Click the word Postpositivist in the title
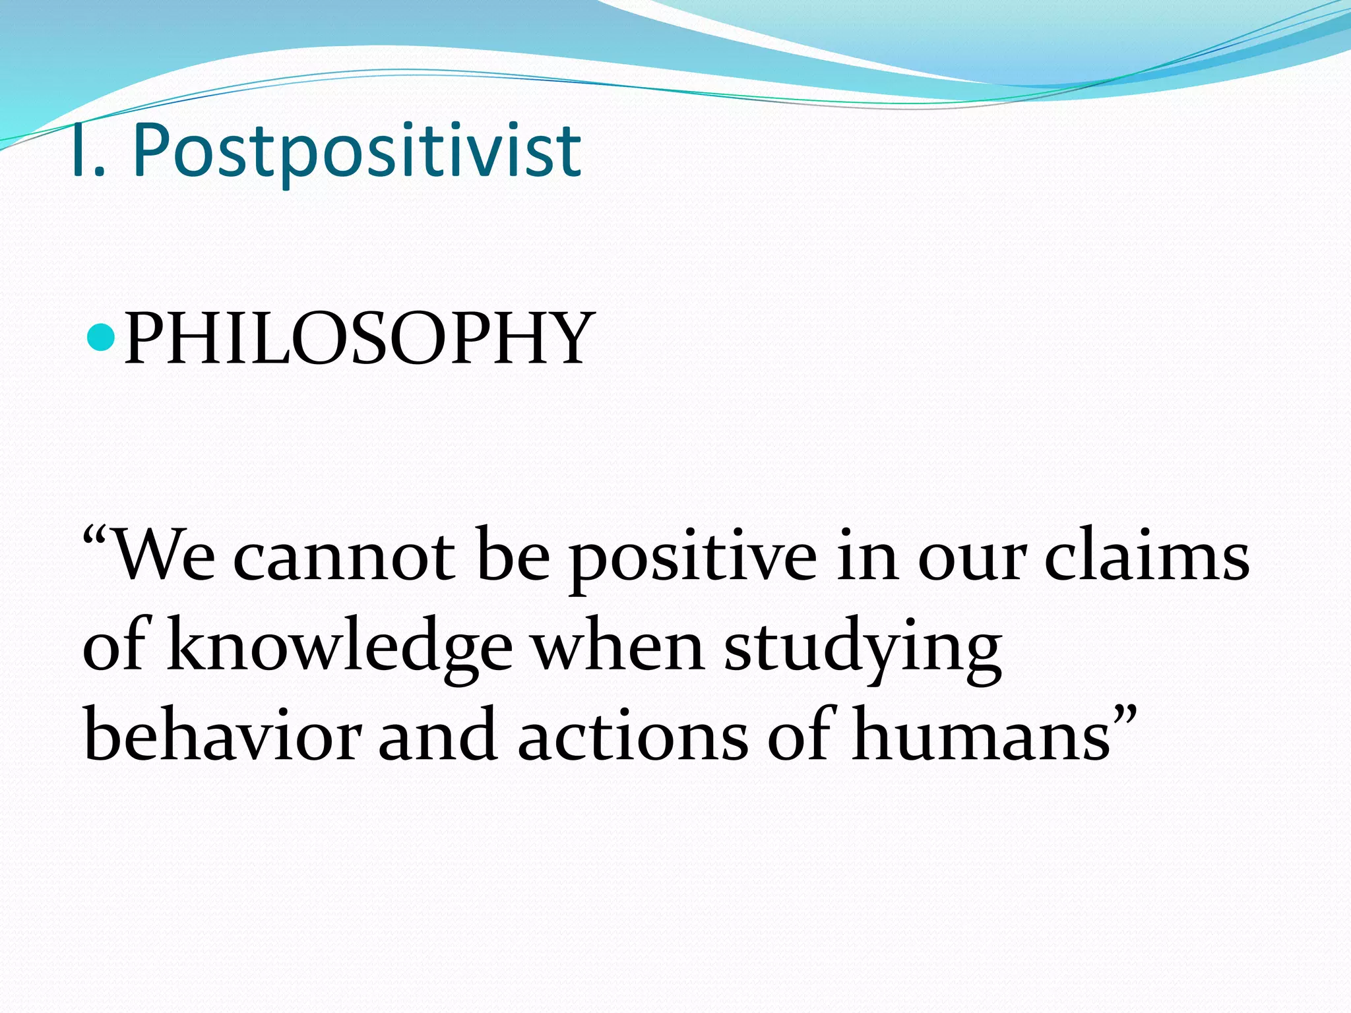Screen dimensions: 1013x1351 tap(357, 152)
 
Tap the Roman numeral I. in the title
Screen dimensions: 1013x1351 tap(87, 152)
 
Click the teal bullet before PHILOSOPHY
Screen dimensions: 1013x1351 tap(101, 337)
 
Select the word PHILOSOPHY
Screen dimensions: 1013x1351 tap(359, 339)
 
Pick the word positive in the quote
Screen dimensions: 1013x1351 tap(693, 561)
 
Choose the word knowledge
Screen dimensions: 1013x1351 tap(339, 650)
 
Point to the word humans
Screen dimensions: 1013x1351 tap(980, 736)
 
